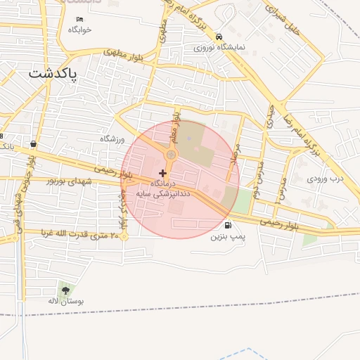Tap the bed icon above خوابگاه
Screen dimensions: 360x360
tap(79, 19)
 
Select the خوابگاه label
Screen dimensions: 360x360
tap(79, 30)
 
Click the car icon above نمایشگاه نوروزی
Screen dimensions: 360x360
tap(219, 37)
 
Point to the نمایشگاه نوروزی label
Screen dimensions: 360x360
tap(220, 47)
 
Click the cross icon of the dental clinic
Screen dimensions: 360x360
tap(163, 173)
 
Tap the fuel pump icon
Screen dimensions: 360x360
tap(228, 226)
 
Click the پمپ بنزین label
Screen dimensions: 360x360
tap(229, 237)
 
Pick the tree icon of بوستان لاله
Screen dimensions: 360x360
tap(65, 289)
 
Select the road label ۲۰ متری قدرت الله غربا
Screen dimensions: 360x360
tap(73, 233)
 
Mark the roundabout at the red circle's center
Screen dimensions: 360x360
tap(171, 154)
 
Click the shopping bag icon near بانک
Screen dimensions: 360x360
tap(33, 143)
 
